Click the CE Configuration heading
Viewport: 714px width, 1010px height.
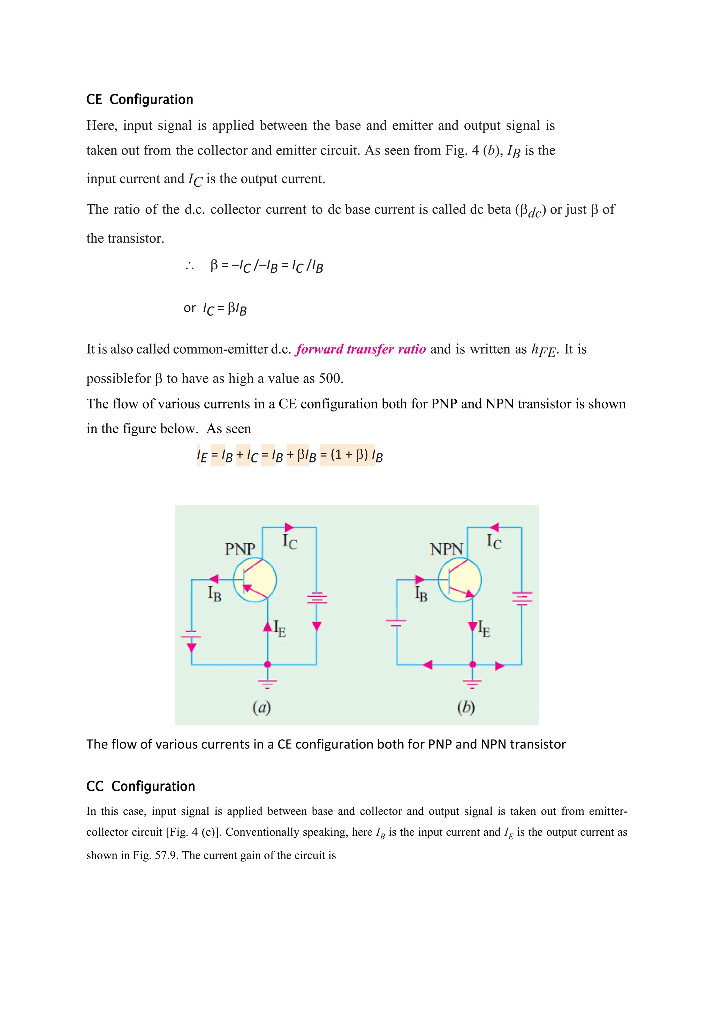139,99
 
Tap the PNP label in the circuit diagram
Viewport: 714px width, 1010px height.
240,549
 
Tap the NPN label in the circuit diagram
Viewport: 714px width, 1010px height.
446,549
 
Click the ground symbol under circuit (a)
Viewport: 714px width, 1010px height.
267,683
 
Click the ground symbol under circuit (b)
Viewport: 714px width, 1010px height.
473,683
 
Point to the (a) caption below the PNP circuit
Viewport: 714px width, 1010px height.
261,707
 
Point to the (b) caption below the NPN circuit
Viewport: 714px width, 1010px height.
466,707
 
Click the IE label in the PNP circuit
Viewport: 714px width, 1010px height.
280,628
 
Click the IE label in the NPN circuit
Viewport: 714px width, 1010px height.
484,628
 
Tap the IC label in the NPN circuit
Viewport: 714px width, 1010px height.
494,541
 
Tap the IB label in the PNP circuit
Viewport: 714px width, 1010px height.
214,594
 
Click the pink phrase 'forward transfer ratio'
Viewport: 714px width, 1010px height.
361,349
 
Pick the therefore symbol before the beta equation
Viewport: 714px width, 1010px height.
190,266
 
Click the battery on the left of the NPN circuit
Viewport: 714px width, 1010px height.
396,622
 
